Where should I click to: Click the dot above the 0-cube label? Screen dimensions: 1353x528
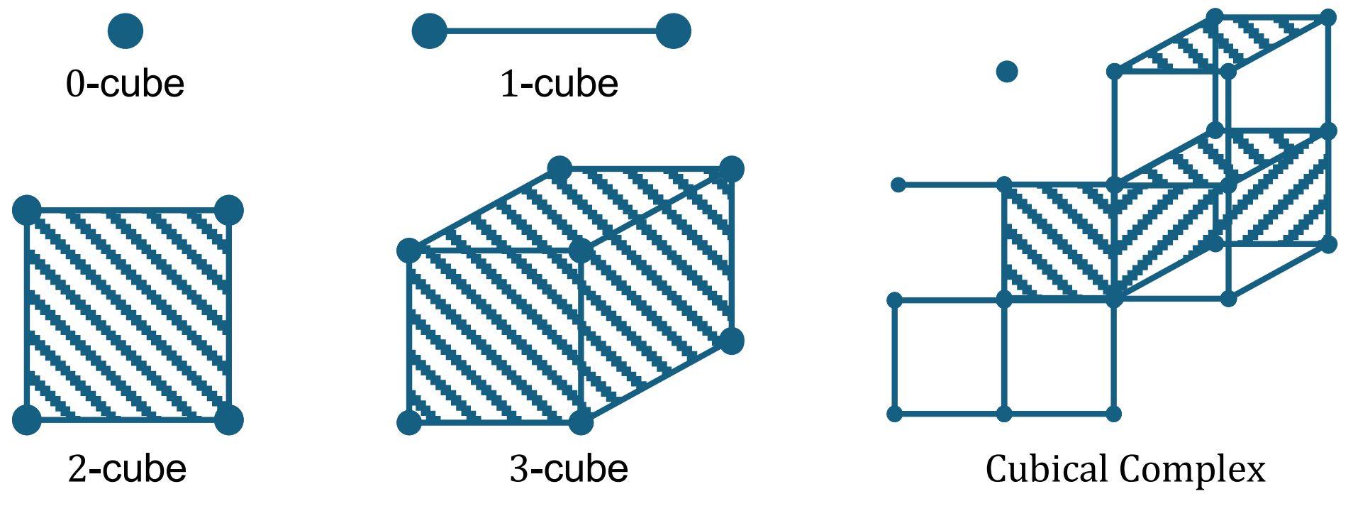pyautogui.click(x=126, y=31)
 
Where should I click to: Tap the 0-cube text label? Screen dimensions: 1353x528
pyautogui.click(x=126, y=84)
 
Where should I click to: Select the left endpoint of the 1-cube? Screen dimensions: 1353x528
pyautogui.click(x=430, y=31)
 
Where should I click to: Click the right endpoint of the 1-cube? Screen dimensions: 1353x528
pyautogui.click(x=673, y=31)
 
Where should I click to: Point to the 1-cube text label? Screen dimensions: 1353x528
pyautogui.click(x=559, y=84)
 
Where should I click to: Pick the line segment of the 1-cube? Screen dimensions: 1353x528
pyautogui.click(x=552, y=31)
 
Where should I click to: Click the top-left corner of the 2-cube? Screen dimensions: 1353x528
pyautogui.click(x=27, y=210)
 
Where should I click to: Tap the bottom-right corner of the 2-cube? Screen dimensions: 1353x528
pyautogui.click(x=228, y=419)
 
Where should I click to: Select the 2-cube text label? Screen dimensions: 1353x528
pyautogui.click(x=128, y=469)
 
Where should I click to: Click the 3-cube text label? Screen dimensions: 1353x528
pyautogui.click(x=569, y=469)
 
